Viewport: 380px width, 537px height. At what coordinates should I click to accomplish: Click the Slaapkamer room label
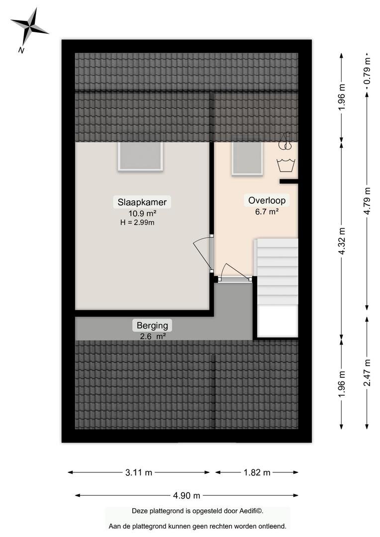(142, 202)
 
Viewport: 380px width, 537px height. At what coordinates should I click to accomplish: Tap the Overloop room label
(267, 200)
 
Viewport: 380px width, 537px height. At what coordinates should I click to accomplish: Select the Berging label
(152, 325)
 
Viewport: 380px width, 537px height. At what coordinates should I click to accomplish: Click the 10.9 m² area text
(142, 213)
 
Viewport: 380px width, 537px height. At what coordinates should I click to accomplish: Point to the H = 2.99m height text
(137, 223)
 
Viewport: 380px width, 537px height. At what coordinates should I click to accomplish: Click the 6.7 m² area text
(267, 212)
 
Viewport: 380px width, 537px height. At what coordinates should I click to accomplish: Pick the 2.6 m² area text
(153, 336)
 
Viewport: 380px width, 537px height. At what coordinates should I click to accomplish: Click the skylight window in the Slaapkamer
(140, 156)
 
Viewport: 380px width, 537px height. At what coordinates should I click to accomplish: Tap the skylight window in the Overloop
(247, 159)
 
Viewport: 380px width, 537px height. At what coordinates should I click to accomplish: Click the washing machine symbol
(286, 165)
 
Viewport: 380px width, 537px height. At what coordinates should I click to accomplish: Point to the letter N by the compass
(21, 50)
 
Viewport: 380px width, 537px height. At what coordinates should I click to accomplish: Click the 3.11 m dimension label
(139, 473)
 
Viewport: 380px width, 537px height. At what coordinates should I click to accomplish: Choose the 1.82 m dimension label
(257, 473)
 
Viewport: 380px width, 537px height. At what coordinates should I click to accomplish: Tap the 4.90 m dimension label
(187, 496)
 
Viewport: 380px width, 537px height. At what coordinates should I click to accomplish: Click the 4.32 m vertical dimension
(342, 241)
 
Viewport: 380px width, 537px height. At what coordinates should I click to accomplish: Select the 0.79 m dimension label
(368, 71)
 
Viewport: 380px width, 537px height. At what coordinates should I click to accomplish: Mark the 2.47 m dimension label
(368, 372)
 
